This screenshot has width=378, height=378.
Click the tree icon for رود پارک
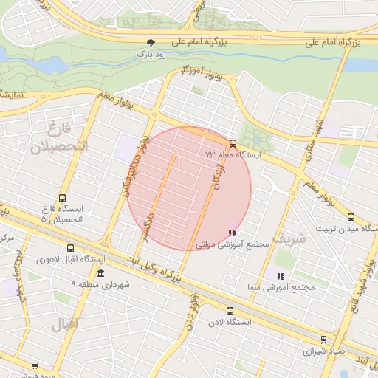click(151, 43)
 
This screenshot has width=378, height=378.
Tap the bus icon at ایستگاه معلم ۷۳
click(233, 143)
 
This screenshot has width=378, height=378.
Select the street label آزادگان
click(216, 177)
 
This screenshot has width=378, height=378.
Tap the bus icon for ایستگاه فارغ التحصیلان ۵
click(62, 199)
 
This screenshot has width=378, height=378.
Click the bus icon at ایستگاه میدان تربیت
click(351, 218)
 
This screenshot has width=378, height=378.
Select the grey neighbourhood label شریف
click(288, 238)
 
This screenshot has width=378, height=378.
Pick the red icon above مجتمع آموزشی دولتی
click(233, 233)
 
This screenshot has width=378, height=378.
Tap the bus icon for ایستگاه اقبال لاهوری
click(71, 249)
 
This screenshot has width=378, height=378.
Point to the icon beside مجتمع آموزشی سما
click(280, 276)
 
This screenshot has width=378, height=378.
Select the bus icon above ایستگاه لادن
click(230, 312)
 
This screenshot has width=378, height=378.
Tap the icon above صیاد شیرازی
click(324, 340)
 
